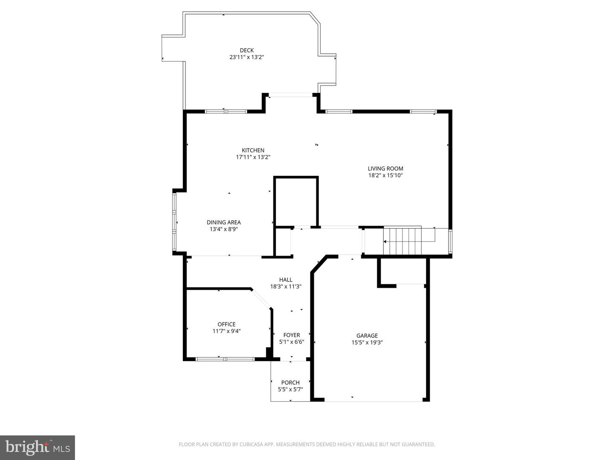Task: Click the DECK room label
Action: (246, 50)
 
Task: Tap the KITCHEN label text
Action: (253, 150)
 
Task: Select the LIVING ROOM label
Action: (385, 168)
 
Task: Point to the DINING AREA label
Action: (223, 222)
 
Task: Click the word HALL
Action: (286, 280)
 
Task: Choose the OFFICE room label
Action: (226, 325)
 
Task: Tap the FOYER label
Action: (292, 335)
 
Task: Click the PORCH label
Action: (290, 382)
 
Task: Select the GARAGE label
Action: (367, 336)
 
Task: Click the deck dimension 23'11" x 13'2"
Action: (246, 57)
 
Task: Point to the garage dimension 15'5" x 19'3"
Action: (367, 342)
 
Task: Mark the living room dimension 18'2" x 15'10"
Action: (385, 175)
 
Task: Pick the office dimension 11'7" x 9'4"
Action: (226, 331)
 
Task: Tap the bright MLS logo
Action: (38, 447)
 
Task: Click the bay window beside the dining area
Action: (174, 222)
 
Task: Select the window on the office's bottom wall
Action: (225, 359)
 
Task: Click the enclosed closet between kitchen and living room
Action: (296, 201)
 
